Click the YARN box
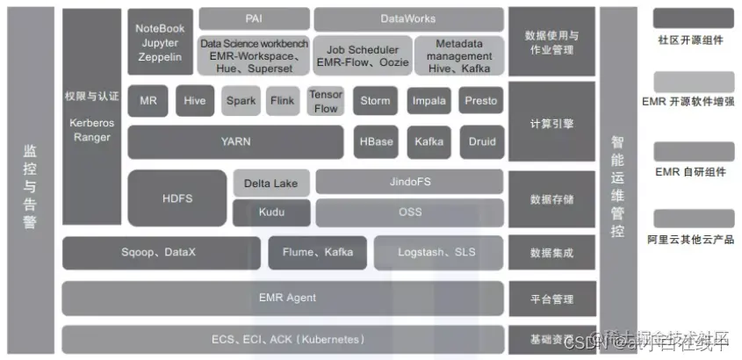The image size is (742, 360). (235, 141)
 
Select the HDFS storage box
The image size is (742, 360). (176, 198)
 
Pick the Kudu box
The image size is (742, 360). (271, 212)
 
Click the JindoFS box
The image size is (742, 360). (410, 183)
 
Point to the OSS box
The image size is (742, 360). (410, 212)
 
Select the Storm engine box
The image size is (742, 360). (375, 101)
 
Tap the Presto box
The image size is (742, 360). (481, 101)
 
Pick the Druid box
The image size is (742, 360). (481, 141)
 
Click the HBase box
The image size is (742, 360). (376, 141)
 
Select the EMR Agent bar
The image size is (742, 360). (283, 298)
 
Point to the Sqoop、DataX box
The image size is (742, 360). (159, 252)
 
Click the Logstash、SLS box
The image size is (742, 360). (436, 252)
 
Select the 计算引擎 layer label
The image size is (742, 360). (551, 124)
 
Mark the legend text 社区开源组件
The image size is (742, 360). (691, 40)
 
